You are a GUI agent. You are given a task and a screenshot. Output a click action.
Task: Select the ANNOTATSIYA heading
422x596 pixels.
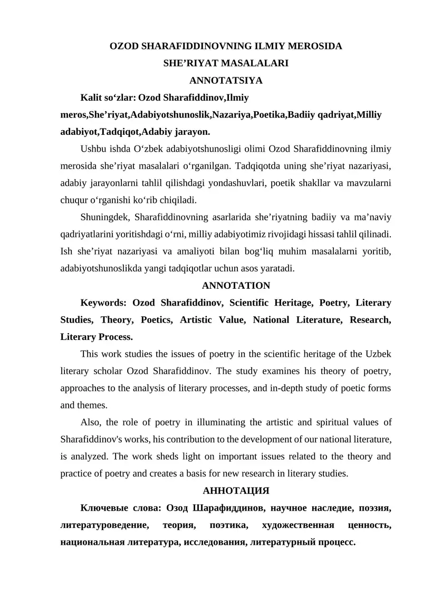(226, 81)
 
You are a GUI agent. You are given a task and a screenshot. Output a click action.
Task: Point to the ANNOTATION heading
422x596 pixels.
(236, 286)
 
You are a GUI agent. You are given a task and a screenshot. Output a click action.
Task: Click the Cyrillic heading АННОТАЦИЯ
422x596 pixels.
(236, 491)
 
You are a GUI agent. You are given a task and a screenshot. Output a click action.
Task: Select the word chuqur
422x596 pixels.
(74, 200)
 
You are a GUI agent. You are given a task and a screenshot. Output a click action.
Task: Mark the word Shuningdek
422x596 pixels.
(105, 218)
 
